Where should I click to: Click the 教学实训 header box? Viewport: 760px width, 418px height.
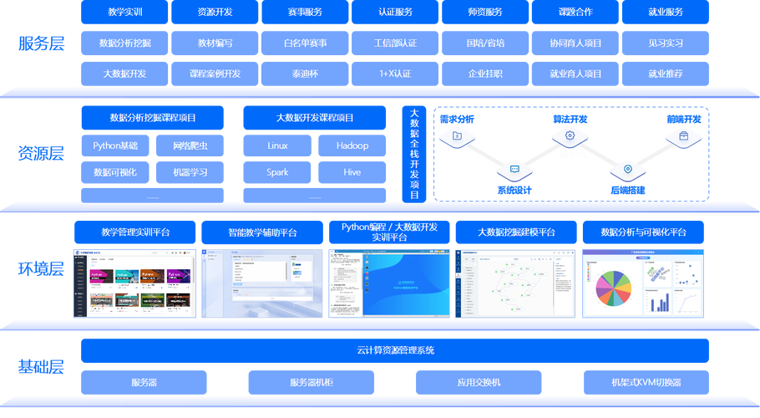[124, 13]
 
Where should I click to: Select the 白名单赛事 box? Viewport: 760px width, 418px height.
[305, 43]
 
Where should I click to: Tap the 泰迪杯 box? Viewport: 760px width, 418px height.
[305, 74]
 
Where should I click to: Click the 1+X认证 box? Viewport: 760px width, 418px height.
[395, 74]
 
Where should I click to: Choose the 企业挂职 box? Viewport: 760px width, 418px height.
[485, 74]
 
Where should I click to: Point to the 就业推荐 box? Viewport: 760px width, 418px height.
[666, 74]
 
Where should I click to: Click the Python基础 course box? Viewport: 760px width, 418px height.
[115, 145]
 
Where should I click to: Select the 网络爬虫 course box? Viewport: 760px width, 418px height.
[190, 145]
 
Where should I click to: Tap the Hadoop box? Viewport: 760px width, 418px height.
[352, 145]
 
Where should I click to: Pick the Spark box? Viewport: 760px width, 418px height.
[277, 172]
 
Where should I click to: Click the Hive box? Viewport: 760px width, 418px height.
[352, 172]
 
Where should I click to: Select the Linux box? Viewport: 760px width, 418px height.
[277, 145]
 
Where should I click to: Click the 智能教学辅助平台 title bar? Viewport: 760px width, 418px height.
[262, 232]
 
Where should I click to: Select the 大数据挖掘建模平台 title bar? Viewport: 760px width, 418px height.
[515, 232]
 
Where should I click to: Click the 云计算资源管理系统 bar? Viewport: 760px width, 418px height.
[395, 350]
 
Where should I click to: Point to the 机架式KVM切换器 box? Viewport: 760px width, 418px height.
[646, 382]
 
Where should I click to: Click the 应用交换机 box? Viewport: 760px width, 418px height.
[479, 382]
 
